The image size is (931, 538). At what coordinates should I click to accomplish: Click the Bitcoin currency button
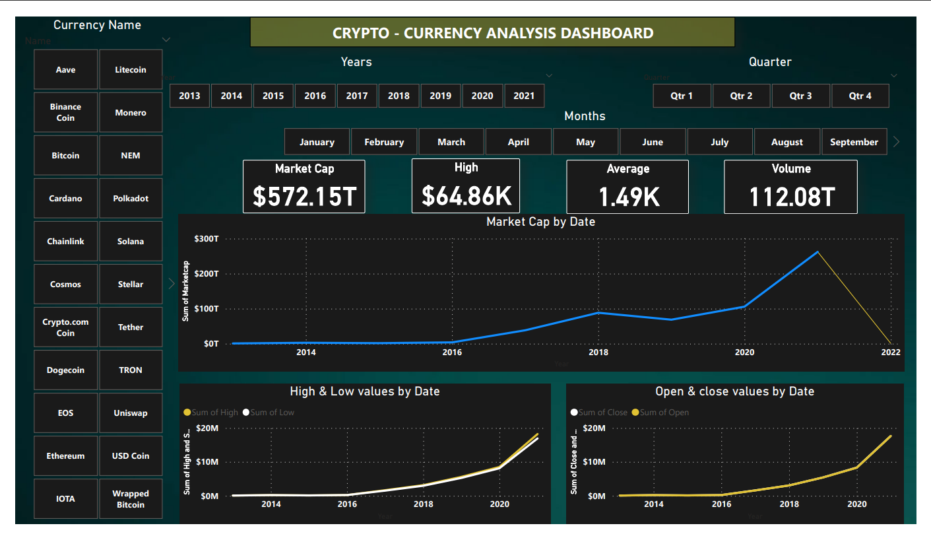(65, 156)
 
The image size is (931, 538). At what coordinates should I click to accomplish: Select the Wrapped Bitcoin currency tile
(131, 499)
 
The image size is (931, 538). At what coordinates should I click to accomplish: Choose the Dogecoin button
(65, 370)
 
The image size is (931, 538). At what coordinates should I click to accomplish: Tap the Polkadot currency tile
(131, 199)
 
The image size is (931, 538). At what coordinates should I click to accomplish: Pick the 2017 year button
(357, 96)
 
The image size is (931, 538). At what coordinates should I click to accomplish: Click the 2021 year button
(524, 96)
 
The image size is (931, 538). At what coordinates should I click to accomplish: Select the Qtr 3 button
(800, 96)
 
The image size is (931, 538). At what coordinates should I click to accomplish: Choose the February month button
(384, 142)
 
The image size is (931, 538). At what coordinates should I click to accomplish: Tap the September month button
(854, 142)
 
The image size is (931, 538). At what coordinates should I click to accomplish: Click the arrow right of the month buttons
(896, 142)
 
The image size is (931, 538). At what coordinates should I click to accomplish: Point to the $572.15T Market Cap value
(304, 196)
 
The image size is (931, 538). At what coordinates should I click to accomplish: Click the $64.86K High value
(466, 196)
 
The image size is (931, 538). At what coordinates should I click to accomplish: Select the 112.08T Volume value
(791, 196)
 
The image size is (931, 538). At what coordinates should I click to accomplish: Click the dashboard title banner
(492, 33)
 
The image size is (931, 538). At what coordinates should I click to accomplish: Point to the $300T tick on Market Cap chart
(207, 238)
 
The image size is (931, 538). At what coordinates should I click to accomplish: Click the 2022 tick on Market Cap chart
(891, 353)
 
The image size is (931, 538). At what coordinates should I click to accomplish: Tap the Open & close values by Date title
(734, 391)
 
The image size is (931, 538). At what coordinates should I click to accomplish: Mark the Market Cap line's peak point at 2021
(818, 252)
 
